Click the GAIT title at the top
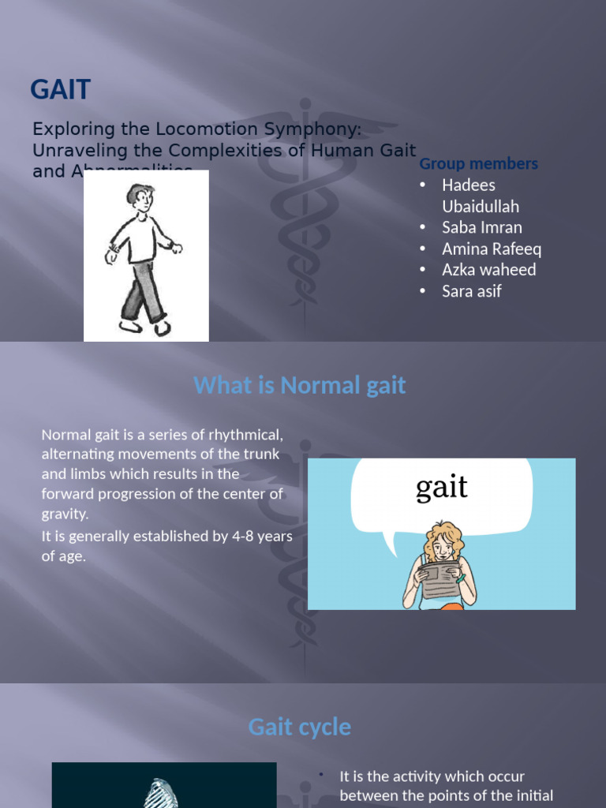coord(61,90)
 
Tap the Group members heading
coord(478,163)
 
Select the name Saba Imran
coord(481,227)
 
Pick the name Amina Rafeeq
coord(492,249)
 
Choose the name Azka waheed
coord(488,270)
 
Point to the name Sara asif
coord(471,291)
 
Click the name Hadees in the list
coord(469,185)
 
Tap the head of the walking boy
coord(141,197)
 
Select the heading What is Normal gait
coord(299,385)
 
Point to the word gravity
coord(65,514)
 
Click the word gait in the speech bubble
coord(441,488)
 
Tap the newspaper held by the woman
coord(440,578)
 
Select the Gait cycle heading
coord(299,727)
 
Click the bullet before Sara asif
coord(423,292)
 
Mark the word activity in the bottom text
coord(412,776)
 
